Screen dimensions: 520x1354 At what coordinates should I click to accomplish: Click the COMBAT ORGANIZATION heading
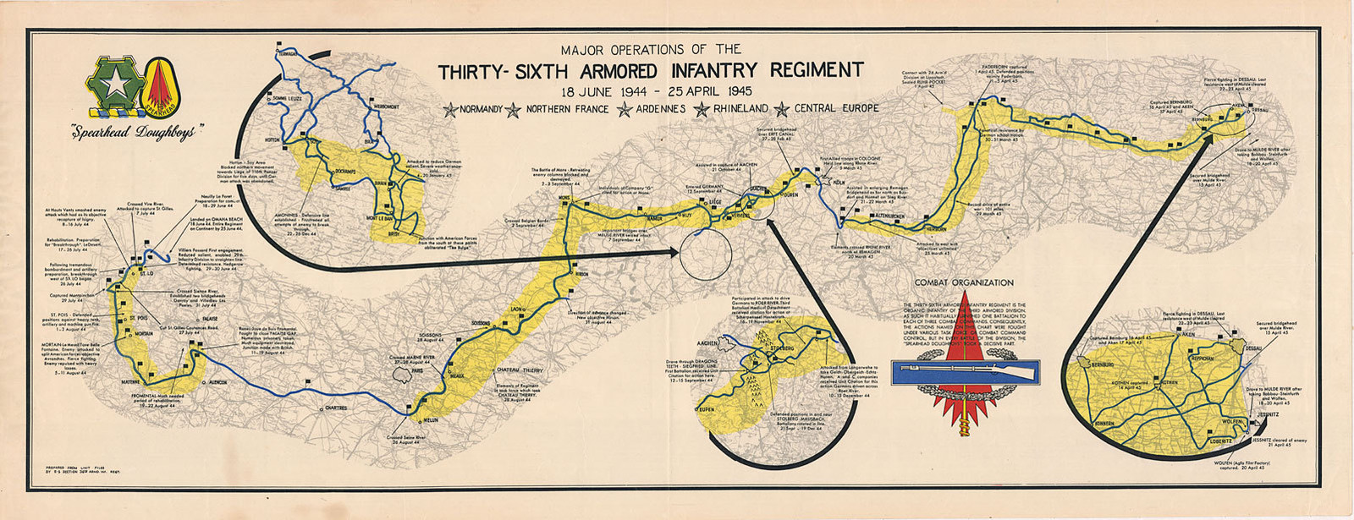point(963,282)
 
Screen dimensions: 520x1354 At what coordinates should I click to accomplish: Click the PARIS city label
point(416,369)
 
